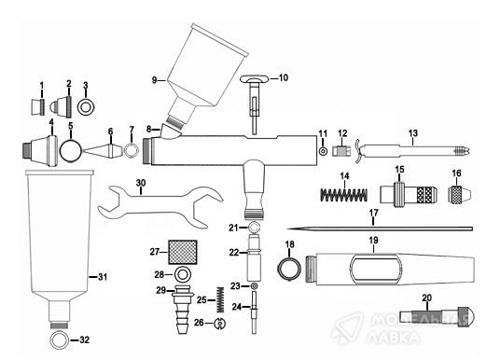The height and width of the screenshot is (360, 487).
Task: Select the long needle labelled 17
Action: [x=380, y=229]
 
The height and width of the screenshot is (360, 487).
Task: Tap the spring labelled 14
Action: [x=344, y=195]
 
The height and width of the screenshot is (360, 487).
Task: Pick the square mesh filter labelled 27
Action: [x=183, y=252]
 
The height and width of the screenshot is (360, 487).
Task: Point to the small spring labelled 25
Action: [x=220, y=299]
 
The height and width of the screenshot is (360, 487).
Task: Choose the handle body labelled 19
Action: [x=390, y=270]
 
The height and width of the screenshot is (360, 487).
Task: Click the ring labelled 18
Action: [x=289, y=269]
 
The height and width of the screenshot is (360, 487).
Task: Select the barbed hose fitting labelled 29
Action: [x=183, y=310]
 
